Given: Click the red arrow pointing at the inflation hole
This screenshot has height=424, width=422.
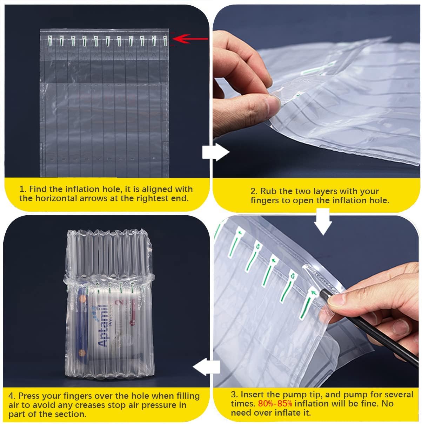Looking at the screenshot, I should point(189,39).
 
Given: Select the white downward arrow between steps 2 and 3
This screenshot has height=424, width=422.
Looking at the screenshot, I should point(323,221).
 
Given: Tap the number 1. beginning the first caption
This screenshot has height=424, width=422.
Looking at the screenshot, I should point(23,189).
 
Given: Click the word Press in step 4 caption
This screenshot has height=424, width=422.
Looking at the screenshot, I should point(29,396).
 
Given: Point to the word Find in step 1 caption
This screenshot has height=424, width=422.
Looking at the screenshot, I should point(38,189).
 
